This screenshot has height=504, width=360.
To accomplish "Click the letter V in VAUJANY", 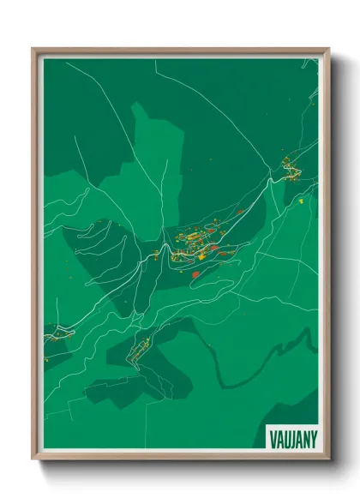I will [x=273, y=437].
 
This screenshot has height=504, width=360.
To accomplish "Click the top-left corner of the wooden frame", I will [x=33, y=49].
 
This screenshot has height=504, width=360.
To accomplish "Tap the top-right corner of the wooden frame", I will [x=328, y=49].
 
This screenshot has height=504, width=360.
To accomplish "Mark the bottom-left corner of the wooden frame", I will [x=33, y=459].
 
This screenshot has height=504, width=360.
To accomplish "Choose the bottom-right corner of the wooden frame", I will [x=328, y=459].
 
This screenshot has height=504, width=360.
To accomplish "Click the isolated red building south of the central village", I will [x=195, y=274].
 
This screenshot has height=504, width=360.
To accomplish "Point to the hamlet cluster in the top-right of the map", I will [x=289, y=168].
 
